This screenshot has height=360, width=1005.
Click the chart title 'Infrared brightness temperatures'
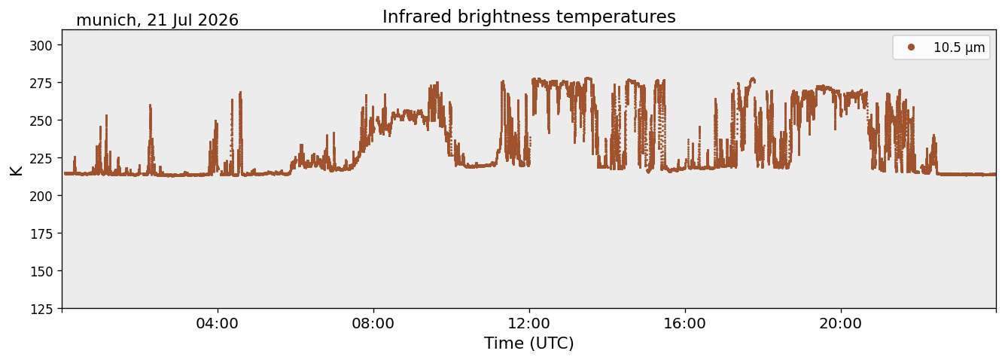(x=529, y=17)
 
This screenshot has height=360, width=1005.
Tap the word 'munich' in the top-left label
(x=106, y=20)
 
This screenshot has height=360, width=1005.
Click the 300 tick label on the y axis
(x=41, y=45)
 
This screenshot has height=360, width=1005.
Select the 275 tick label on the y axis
(x=41, y=83)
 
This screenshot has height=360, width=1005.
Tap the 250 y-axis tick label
(x=41, y=121)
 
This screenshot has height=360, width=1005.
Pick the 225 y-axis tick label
(x=41, y=158)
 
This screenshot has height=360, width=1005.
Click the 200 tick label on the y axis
(x=41, y=196)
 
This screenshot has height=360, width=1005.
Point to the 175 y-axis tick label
(x=41, y=233)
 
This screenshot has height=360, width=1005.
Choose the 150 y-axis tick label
(x=41, y=271)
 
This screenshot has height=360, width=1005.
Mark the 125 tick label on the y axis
(x=41, y=309)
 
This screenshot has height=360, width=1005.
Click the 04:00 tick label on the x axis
(x=218, y=323)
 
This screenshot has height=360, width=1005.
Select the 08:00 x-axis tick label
(x=373, y=323)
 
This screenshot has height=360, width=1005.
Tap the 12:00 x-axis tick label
(x=529, y=323)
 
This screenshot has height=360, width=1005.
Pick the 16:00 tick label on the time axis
(x=684, y=323)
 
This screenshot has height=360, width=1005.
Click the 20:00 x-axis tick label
(x=840, y=323)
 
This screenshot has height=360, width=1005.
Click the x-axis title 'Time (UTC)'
(x=529, y=343)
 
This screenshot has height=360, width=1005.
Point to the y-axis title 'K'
(x=16, y=170)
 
